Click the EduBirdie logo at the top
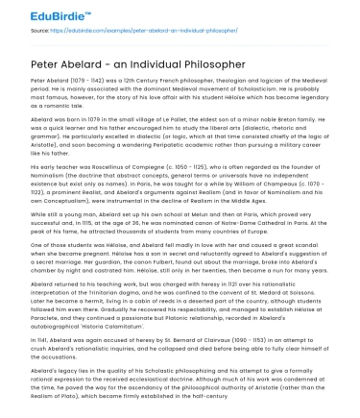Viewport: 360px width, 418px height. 43,13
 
